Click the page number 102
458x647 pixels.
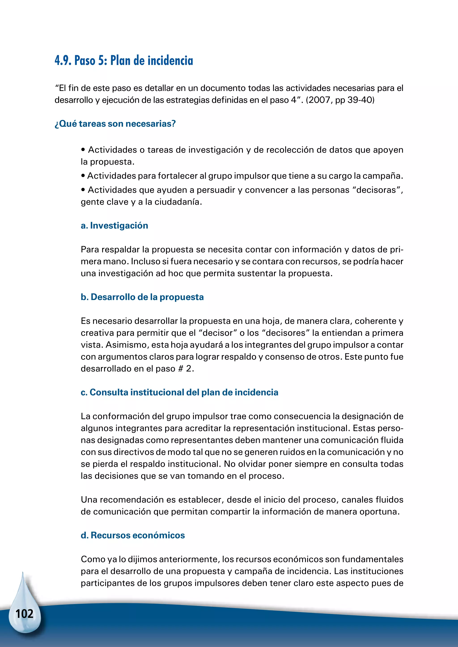[25, 614]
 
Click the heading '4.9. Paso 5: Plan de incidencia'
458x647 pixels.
[124, 61]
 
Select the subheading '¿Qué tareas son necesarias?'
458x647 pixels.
[115, 124]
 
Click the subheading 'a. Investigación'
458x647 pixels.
[114, 225]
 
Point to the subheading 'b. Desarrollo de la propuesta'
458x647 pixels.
[142, 297]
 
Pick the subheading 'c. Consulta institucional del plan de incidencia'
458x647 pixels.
[179, 392]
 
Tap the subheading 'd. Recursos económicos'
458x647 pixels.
[133, 535]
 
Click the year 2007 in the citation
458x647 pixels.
[320, 100]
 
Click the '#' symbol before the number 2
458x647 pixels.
[180, 369]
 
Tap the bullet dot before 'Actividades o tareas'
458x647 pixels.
[83, 150]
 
